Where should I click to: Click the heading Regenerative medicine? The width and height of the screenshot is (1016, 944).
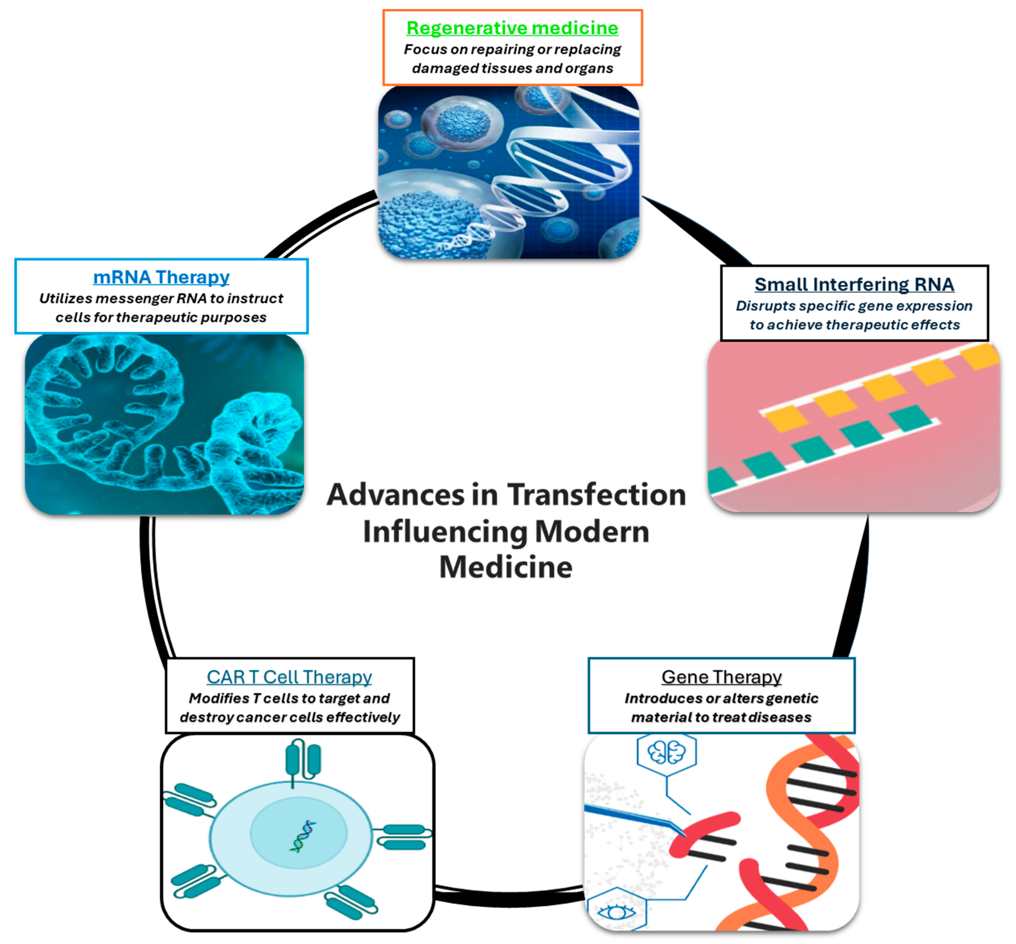512,28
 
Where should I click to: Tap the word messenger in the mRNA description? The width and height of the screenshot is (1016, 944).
134,298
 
